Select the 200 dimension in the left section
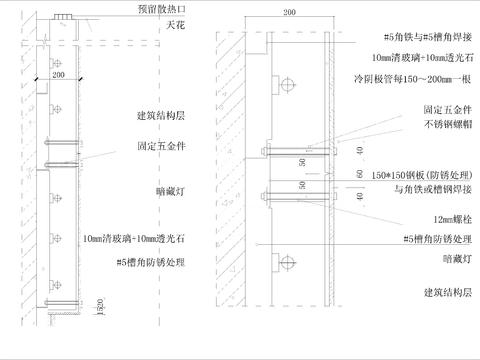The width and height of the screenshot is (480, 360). (x=57, y=74)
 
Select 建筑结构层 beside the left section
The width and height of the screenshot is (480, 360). (x=157, y=117)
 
